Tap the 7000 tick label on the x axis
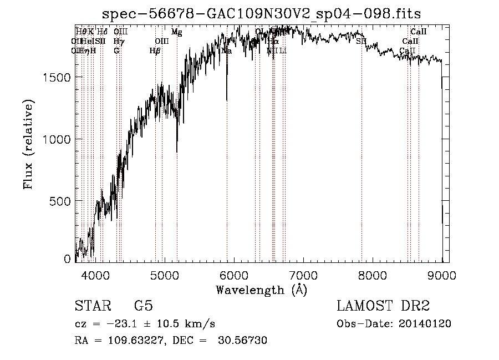click(303, 275)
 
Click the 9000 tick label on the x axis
click(442, 275)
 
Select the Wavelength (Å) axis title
click(261, 290)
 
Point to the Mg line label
click(176, 32)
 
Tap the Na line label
click(226, 51)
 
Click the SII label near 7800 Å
click(361, 41)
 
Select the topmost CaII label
click(418, 32)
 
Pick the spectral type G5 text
click(143, 306)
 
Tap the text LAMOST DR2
click(383, 306)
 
